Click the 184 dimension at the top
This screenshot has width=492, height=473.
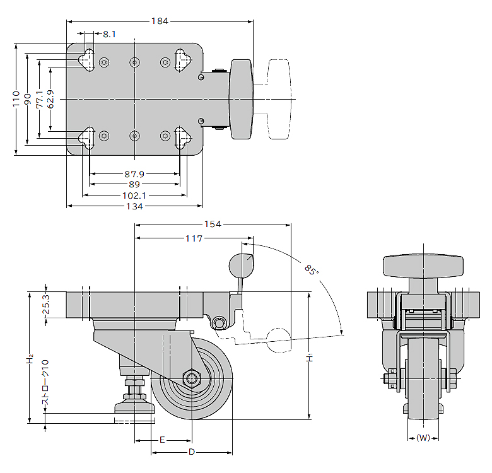point(160,21)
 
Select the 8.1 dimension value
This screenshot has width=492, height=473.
point(110,34)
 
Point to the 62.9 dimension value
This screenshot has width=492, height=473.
point(50,98)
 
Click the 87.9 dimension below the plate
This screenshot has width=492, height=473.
point(134,173)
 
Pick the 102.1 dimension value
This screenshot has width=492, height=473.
point(134,196)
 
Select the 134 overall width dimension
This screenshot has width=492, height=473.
point(134,206)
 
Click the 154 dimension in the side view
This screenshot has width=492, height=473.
point(213,225)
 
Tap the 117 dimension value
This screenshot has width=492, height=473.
point(194,238)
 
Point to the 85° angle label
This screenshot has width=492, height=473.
point(310,270)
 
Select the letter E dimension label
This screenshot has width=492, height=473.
point(162,439)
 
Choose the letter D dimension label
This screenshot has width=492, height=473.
point(192,452)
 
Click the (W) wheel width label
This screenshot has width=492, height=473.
point(423,438)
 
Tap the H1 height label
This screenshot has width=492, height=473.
point(310,358)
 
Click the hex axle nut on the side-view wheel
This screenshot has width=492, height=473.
point(190,378)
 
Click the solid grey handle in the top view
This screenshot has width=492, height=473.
point(241,99)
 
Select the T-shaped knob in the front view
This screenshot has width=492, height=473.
point(423,267)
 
